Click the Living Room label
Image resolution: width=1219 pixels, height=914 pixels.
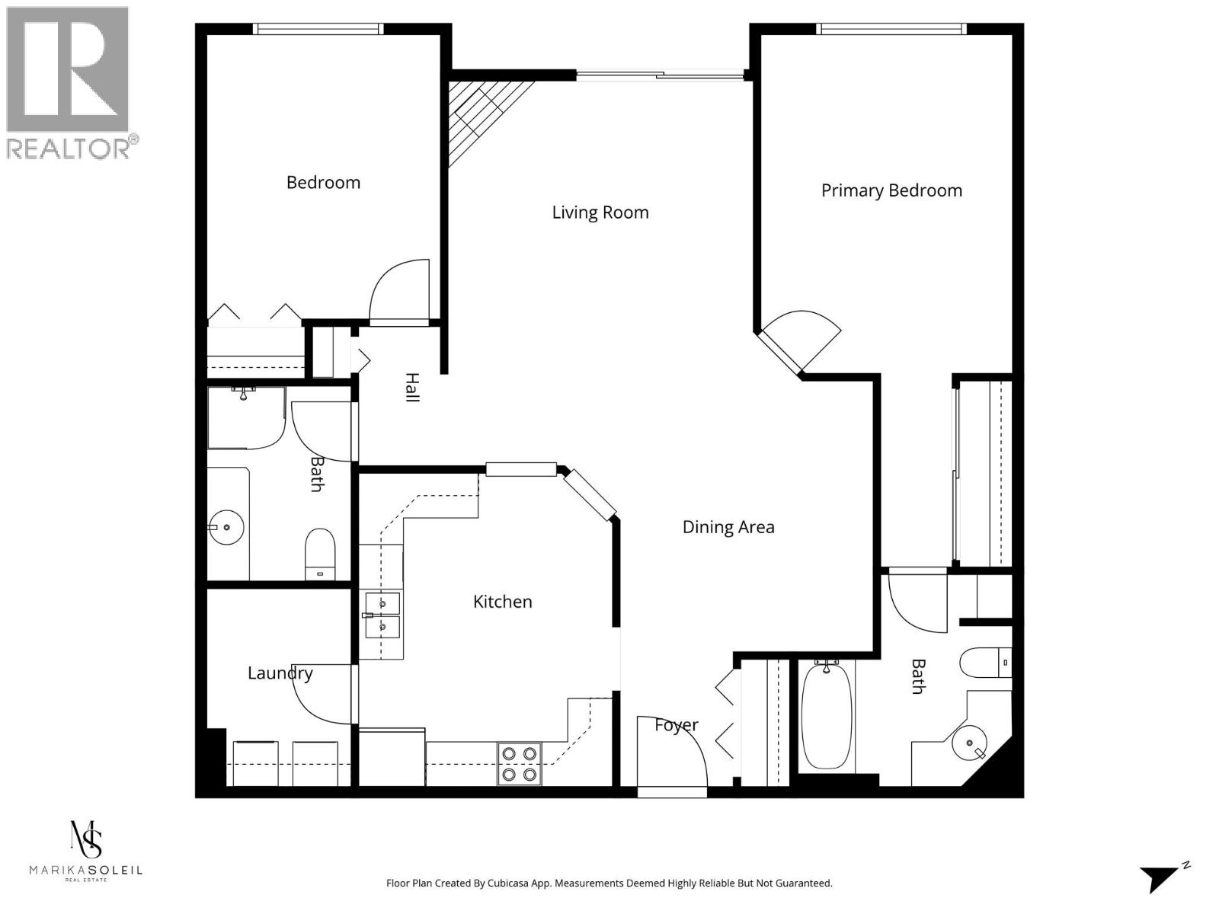point(600,213)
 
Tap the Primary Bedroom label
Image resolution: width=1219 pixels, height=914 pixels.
point(891,190)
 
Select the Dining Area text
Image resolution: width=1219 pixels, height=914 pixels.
point(728,527)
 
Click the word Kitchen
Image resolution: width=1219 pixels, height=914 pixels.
point(503,602)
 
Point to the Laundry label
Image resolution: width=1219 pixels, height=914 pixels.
point(280,673)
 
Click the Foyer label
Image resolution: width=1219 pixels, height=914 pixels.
point(676,726)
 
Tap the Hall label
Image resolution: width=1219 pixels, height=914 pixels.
point(411,388)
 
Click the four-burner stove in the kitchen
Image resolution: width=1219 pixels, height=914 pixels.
point(520,764)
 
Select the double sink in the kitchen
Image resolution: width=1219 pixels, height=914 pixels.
point(382,615)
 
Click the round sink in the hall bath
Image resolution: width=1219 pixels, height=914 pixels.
point(226,527)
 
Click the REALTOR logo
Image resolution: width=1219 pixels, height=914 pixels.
point(70,82)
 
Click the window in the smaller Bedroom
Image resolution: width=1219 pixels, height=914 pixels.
point(318,29)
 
